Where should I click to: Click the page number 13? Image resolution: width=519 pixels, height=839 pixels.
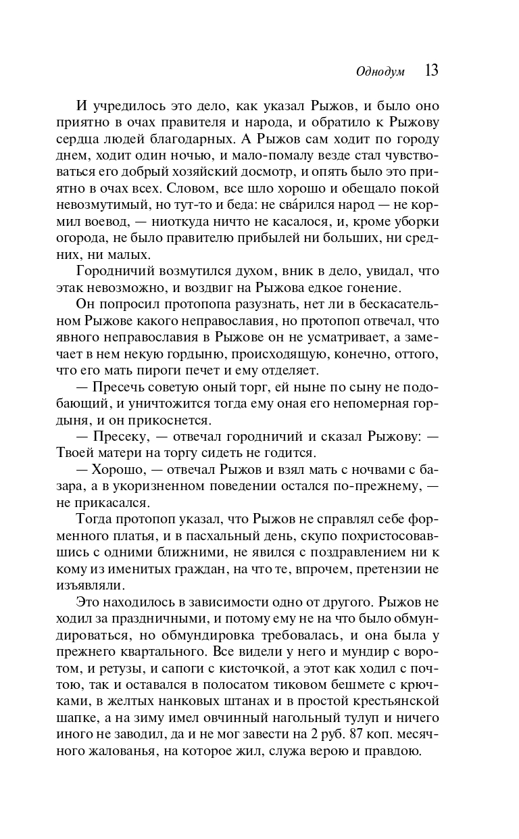tap(431, 71)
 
